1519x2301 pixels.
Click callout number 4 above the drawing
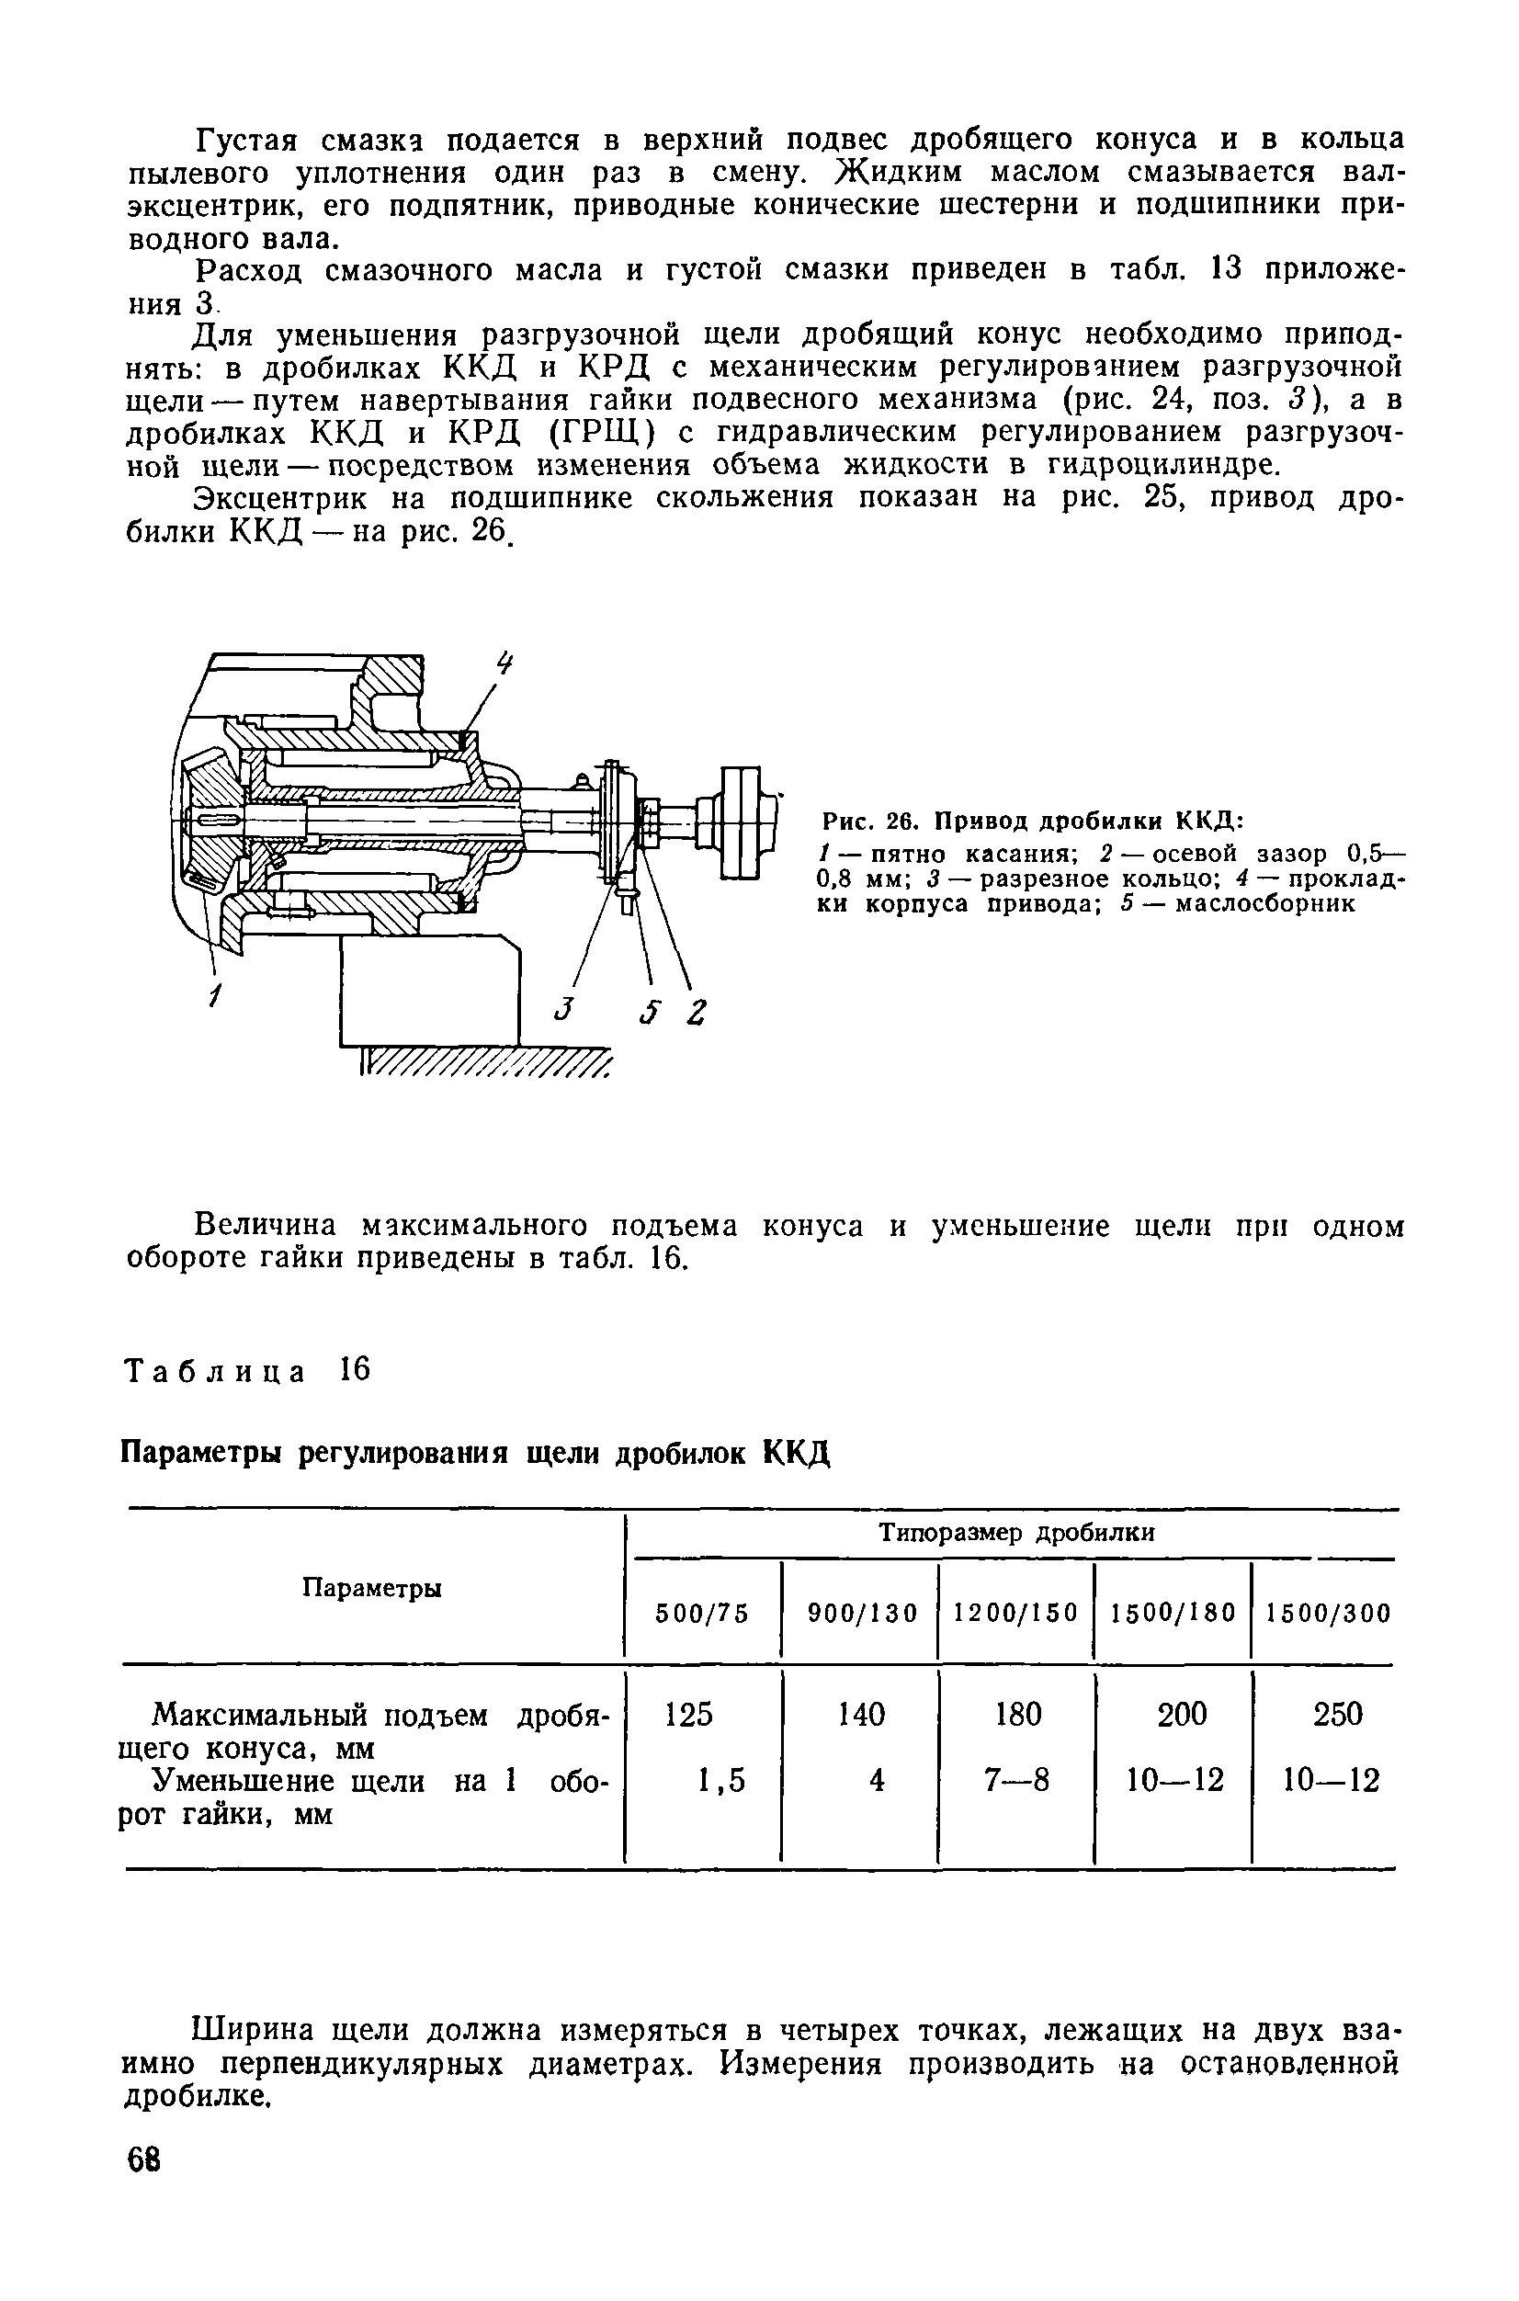coord(504,664)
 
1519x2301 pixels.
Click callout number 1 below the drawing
coord(215,995)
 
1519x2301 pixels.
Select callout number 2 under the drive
coord(697,1013)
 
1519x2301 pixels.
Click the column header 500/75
coord(702,1613)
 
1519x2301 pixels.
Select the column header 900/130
coord(862,1613)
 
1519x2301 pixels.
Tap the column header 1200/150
coord(1016,1613)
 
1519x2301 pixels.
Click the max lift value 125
coord(689,1715)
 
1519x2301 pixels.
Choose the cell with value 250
coord(1337,1715)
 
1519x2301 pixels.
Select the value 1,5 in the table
coord(721,1780)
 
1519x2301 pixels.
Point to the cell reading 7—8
coord(1017,1780)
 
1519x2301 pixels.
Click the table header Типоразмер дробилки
coord(1016,1533)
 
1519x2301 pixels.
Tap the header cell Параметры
coord(372,1587)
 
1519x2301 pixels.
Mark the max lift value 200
coord(1183,1715)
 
